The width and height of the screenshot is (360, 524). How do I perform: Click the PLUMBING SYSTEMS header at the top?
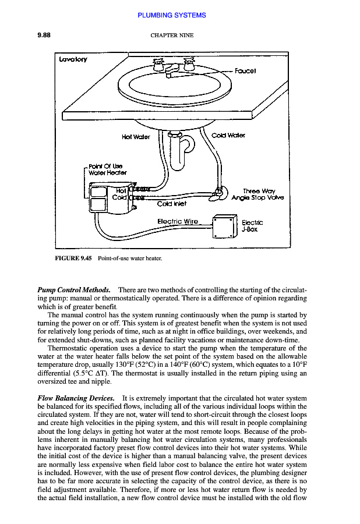pos(172,15)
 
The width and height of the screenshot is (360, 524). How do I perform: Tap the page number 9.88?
pos(44,35)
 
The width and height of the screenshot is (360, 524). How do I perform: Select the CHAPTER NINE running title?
pos(172,36)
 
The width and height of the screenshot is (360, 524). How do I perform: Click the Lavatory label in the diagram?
pos(72,59)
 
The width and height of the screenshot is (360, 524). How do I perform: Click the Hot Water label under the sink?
pos(136,137)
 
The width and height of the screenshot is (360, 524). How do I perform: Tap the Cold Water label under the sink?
pos(228,136)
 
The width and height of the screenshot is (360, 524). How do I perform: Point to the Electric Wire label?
pos(178,221)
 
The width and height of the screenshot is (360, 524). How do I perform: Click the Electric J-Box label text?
pos(252,225)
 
